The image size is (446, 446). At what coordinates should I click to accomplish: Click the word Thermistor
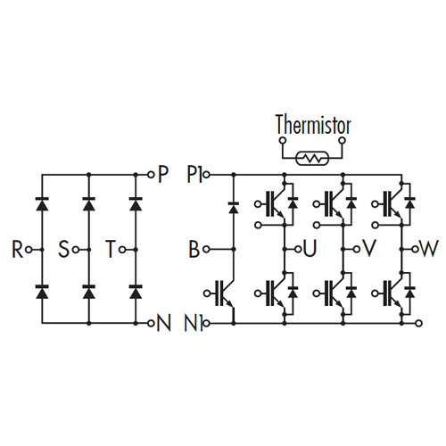click(x=313, y=125)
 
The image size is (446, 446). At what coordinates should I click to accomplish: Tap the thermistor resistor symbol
click(x=312, y=158)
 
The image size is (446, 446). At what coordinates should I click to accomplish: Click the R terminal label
click(x=17, y=249)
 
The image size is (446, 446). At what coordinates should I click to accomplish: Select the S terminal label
click(x=63, y=249)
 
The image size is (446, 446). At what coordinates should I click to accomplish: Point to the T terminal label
click(x=111, y=249)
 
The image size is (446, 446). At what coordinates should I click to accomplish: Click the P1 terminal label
click(x=194, y=174)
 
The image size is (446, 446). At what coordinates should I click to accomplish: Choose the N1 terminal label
click(x=194, y=323)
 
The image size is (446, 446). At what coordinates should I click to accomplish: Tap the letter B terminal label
click(x=194, y=249)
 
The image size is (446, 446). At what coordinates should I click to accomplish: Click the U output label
click(x=310, y=249)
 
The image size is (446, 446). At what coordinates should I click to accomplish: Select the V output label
click(x=369, y=249)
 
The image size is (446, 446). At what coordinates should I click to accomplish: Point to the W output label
click(x=428, y=249)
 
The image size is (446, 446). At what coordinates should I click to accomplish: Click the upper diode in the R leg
click(x=42, y=204)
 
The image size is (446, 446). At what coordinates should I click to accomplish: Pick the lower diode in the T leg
click(x=136, y=292)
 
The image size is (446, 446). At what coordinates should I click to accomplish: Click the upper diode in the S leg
click(x=88, y=204)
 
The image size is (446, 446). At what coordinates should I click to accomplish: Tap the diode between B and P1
click(x=234, y=208)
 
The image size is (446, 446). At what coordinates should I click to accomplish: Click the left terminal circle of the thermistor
click(x=282, y=140)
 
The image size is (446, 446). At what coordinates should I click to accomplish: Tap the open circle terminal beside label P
click(x=152, y=174)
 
